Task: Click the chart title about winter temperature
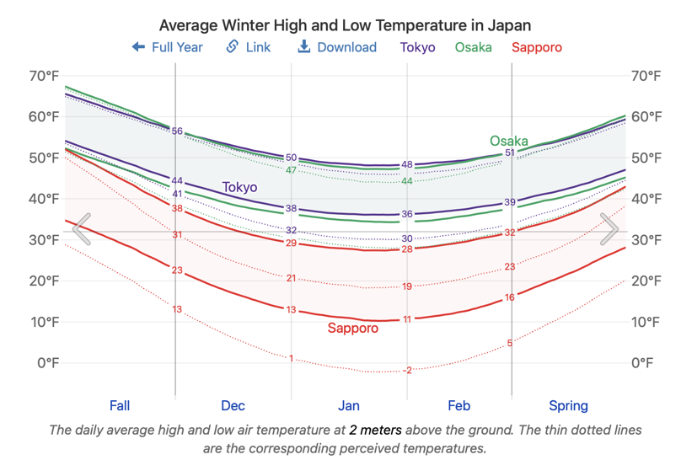point(346,25)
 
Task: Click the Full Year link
point(168,47)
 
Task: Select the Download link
point(337,47)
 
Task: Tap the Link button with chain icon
point(249,47)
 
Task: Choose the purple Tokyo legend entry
point(418,47)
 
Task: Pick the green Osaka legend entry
point(474,47)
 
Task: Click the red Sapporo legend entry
point(537,47)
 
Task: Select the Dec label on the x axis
point(233,406)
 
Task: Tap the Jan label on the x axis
point(349,406)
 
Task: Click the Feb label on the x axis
point(459,406)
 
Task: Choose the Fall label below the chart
point(120,406)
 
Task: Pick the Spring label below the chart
point(569,406)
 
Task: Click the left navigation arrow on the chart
point(82,229)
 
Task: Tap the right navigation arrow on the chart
point(609,229)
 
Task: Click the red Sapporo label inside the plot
point(353,329)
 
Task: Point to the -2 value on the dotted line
point(407,370)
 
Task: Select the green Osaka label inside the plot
point(509,141)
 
